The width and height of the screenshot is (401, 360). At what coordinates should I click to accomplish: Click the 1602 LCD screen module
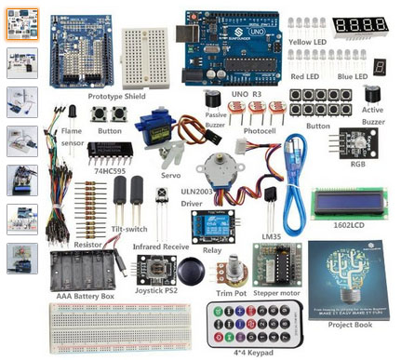tap(350, 201)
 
